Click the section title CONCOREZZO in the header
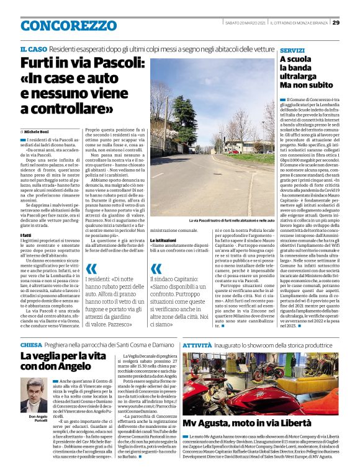click(x=60, y=26)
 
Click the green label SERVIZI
click(x=292, y=49)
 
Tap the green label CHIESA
click(x=31, y=344)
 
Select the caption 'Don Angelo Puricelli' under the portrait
click(x=37, y=419)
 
